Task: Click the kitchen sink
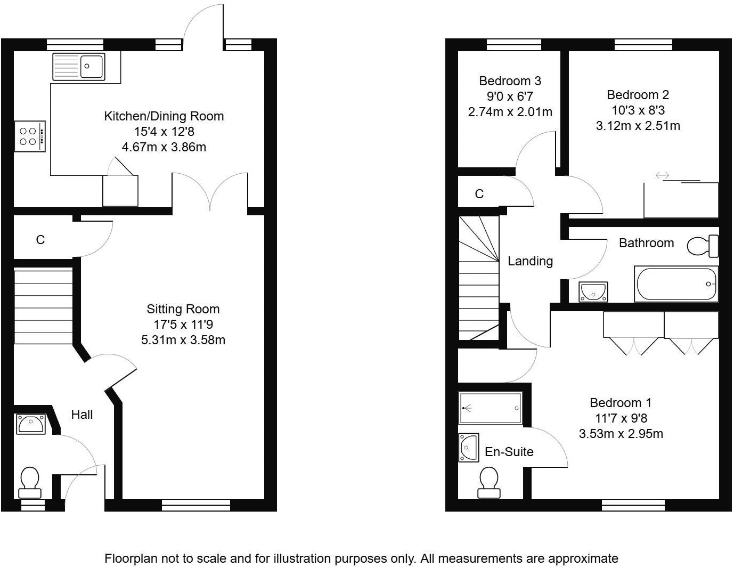[79, 67]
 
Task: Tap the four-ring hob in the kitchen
[30, 136]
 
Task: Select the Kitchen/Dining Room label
[164, 116]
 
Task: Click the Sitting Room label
[183, 309]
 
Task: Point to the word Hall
[81, 415]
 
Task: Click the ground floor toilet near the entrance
[30, 483]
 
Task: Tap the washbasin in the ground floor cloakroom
[31, 424]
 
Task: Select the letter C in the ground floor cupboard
[40, 240]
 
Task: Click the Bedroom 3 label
[510, 81]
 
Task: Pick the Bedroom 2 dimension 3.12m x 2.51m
[638, 126]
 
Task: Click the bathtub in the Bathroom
[676, 284]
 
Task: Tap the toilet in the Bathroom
[703, 246]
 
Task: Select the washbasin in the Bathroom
[593, 292]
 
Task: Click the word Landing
[531, 261]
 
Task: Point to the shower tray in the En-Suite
[491, 408]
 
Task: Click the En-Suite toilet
[489, 482]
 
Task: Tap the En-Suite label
[509, 452]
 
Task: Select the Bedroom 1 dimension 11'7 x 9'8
[621, 418]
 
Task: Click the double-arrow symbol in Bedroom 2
[662, 175]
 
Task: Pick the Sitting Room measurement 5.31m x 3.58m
[183, 340]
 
